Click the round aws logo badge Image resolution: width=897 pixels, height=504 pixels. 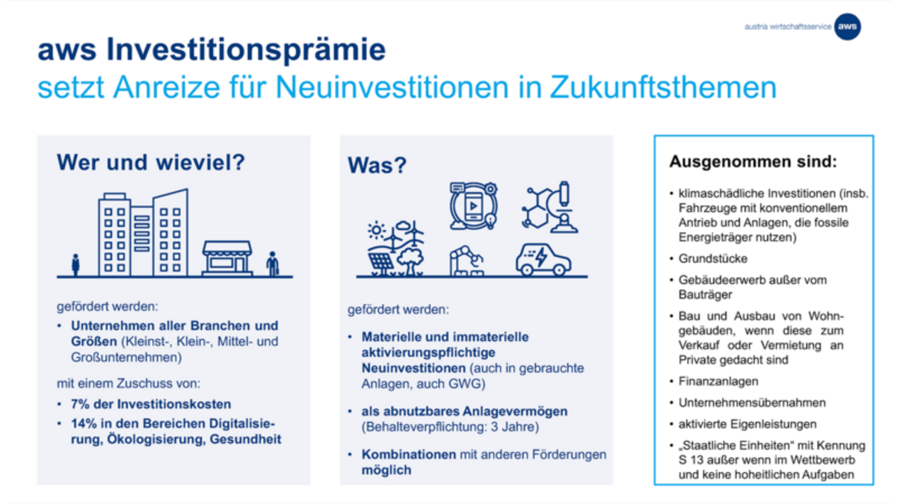(x=848, y=26)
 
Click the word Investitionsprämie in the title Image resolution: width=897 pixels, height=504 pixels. (x=246, y=50)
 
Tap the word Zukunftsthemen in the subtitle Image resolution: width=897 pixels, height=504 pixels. (x=663, y=87)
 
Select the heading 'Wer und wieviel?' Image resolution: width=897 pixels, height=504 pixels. (x=150, y=162)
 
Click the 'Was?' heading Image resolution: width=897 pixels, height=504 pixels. (x=377, y=165)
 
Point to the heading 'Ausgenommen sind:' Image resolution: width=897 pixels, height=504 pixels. (x=753, y=161)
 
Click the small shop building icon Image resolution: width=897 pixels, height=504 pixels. (x=227, y=258)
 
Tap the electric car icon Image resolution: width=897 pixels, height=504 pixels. (x=543, y=260)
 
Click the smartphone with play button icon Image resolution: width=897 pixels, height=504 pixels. (x=473, y=206)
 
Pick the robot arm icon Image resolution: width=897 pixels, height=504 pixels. (x=466, y=261)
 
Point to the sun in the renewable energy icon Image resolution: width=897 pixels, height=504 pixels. (x=377, y=231)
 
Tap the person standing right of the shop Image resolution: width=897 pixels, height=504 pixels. (x=273, y=264)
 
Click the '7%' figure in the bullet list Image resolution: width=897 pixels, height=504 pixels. (x=80, y=404)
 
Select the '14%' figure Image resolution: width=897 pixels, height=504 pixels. (x=84, y=423)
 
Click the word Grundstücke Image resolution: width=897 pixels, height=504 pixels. (x=713, y=259)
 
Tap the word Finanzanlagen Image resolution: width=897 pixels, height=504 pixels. (x=718, y=382)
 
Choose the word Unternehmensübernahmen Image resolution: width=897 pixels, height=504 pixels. (x=752, y=402)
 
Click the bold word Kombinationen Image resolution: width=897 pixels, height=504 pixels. (x=409, y=455)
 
